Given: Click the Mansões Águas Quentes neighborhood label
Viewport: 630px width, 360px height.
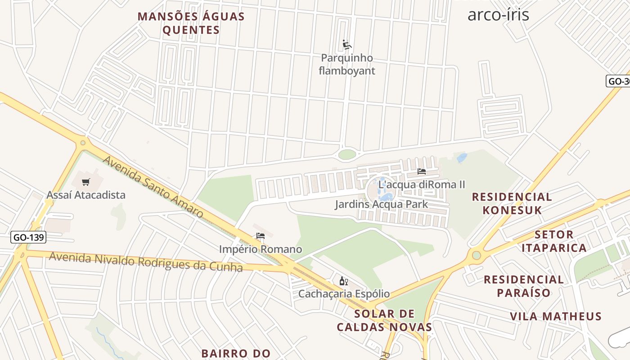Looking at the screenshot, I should (191, 23).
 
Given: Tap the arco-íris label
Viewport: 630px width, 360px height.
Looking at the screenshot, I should (498, 14).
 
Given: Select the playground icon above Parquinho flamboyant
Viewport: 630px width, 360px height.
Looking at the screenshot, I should (346, 45).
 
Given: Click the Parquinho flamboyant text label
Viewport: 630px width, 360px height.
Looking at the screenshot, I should (346, 64).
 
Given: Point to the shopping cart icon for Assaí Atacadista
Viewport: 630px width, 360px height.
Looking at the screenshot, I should (86, 182).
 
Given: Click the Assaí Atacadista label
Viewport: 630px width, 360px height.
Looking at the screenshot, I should (86, 195).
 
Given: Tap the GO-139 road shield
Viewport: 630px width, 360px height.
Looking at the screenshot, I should (28, 237).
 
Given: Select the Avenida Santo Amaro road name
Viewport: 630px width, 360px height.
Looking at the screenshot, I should (153, 187).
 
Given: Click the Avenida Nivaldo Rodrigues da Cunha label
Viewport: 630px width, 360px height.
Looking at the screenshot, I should (146, 262).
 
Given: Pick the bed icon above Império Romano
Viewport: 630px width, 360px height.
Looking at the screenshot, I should (260, 235).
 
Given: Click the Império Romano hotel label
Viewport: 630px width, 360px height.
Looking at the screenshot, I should (260, 249).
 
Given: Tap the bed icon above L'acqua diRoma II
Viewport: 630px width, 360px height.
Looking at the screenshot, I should (422, 171).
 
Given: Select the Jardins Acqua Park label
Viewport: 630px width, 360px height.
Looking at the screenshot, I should (381, 205).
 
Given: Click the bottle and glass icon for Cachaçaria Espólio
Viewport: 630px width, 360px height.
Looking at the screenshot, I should (344, 281).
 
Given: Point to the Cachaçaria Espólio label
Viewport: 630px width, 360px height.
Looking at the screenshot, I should (344, 294).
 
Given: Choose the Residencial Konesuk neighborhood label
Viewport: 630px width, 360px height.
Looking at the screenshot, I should (512, 203).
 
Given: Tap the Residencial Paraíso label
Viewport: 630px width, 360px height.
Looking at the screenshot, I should (524, 286).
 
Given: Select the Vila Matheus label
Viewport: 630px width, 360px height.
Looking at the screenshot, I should (556, 316).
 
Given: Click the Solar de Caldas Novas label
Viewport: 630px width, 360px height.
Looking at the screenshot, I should (385, 320).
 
